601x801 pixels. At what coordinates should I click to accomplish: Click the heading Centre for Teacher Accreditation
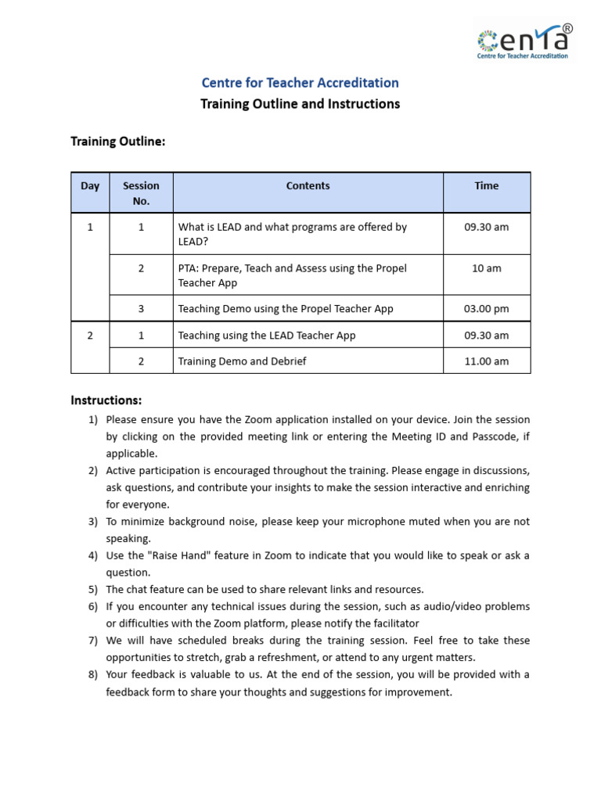[x=300, y=83]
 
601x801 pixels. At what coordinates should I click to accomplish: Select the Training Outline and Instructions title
[x=300, y=104]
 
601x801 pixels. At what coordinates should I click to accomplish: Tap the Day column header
[x=90, y=186]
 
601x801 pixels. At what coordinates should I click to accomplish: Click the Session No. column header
[x=141, y=193]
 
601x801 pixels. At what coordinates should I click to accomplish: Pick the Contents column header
[x=308, y=186]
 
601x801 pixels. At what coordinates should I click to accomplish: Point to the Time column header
[x=486, y=186]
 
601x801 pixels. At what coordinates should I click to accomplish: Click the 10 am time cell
[x=486, y=268]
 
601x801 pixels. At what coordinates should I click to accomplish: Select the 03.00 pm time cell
[x=486, y=309]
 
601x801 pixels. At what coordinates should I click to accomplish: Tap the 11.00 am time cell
[x=486, y=361]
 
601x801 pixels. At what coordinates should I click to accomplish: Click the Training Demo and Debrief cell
[x=242, y=361]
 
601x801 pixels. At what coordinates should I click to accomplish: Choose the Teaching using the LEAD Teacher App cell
[x=267, y=336]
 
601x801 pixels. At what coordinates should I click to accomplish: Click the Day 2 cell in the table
[x=90, y=336]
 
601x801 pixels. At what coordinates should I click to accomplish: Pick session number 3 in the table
[x=141, y=309]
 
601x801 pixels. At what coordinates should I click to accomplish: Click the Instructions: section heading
[x=106, y=400]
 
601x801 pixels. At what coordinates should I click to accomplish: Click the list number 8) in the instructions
[x=92, y=674]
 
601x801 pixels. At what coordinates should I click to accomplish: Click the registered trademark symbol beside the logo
[x=567, y=28]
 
